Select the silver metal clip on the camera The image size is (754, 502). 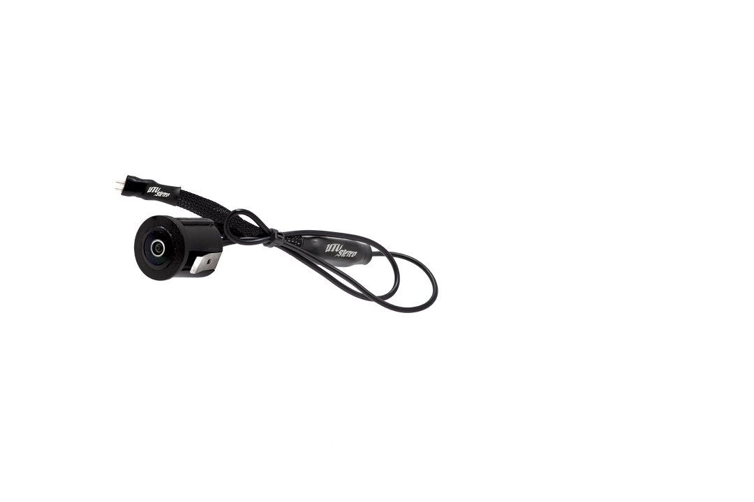coord(204,264)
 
